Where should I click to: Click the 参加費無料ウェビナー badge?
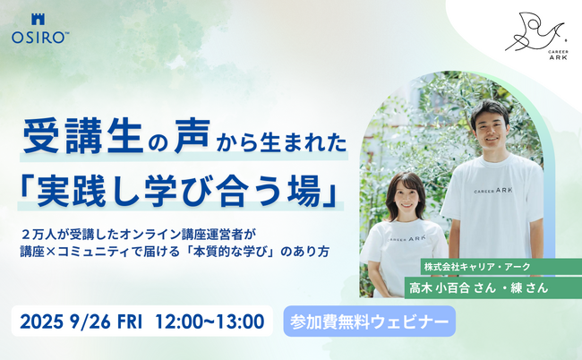pyautogui.click(x=368, y=320)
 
